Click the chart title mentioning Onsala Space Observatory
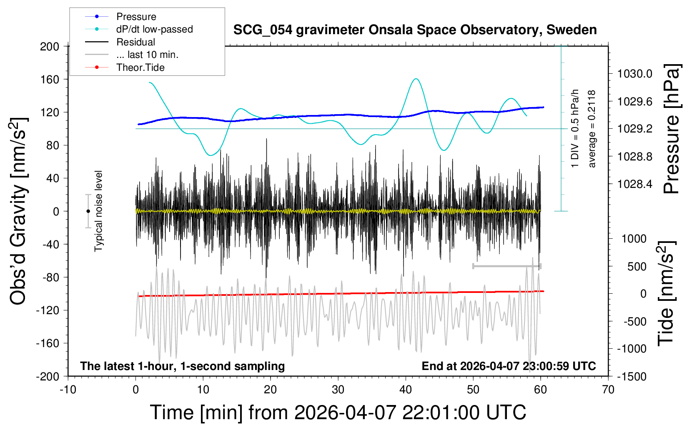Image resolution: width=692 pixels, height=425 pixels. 415,30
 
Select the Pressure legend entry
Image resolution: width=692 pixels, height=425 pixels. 136,17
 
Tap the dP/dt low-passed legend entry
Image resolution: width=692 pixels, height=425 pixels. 154,29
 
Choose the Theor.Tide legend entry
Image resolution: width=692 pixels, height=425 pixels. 140,67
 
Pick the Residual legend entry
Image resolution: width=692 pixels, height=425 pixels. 135,42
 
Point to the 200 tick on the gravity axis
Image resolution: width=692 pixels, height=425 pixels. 50,46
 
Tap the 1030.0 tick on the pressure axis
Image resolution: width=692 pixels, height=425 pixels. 635,74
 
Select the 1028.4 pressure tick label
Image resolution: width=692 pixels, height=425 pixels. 635,184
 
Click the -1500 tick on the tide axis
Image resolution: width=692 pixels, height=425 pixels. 632,376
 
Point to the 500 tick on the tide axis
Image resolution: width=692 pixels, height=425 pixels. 637,266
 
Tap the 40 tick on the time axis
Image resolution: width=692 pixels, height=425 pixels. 406,390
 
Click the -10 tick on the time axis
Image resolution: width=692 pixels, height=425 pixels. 68,390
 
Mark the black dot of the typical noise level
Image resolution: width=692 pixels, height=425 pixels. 88,211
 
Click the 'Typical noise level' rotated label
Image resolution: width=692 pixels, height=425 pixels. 98,211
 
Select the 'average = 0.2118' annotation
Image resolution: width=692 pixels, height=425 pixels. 592,129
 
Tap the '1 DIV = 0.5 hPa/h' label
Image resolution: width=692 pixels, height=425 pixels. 575,128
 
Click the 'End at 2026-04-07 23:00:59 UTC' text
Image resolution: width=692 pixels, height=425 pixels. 509,366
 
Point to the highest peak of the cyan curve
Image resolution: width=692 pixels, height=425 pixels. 416,79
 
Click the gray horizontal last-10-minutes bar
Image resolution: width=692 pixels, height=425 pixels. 506,266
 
